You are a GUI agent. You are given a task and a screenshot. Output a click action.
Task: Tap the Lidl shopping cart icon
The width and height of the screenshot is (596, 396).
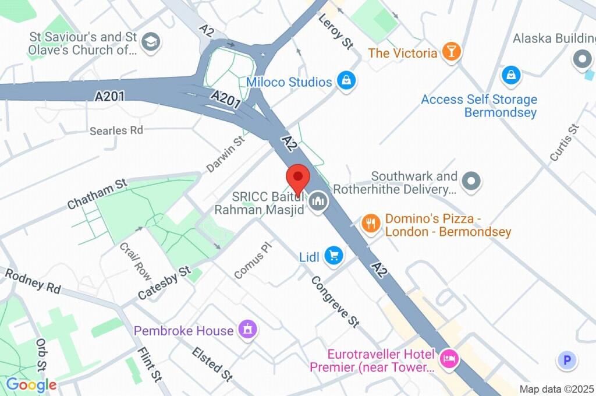click(334, 255)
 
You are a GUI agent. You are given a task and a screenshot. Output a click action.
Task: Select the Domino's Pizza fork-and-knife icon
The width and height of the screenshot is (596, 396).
click(370, 223)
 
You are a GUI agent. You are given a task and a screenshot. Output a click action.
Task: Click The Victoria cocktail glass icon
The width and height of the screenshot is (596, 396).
click(451, 52)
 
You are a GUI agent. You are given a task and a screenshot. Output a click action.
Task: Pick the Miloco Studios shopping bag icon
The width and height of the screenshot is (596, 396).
click(346, 82)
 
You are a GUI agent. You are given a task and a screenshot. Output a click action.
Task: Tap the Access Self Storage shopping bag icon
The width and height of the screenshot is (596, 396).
click(510, 75)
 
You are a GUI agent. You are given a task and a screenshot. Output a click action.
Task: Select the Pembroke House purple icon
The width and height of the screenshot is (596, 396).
click(248, 330)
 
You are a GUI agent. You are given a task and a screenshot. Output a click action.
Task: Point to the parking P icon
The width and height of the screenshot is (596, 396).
click(567, 360)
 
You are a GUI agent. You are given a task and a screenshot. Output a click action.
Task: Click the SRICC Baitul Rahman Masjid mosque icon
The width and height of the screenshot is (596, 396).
click(318, 202)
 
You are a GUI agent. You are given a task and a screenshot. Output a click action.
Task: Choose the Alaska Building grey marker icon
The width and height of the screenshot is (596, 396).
click(581, 59)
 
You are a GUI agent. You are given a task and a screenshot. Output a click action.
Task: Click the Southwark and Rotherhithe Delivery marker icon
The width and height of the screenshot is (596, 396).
click(472, 181)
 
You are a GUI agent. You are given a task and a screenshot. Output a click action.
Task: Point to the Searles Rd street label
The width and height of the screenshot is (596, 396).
click(116, 130)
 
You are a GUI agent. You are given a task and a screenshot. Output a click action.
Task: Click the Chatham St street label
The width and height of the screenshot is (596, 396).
click(97, 194)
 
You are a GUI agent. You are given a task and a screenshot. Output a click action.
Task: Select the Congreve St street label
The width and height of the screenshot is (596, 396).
click(335, 300)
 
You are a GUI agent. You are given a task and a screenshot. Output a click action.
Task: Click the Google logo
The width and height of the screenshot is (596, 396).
click(31, 384)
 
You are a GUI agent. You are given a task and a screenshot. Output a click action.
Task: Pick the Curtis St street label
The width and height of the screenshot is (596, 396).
click(565, 143)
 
